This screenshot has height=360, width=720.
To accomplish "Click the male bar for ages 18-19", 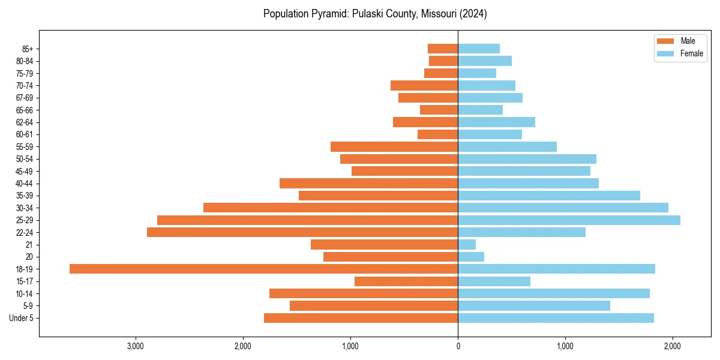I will click(263, 269).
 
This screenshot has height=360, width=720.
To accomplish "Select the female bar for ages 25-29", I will click(569, 220).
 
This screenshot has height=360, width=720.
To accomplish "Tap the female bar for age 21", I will click(467, 244).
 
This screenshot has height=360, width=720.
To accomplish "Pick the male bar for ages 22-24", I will click(302, 232).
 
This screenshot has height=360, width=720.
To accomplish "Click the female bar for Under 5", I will click(556, 318).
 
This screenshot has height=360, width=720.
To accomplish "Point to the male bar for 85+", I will click(443, 49).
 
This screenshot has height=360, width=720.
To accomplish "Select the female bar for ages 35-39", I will click(549, 196).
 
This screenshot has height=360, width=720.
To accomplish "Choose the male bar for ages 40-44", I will click(368, 183).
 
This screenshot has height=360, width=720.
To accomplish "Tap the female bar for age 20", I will click(471, 257).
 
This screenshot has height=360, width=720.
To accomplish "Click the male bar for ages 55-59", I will click(394, 146).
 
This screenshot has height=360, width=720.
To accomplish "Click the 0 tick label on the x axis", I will click(458, 346).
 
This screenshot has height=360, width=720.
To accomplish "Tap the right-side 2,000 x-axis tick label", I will click(673, 346).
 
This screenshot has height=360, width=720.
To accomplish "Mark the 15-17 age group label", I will click(25, 281).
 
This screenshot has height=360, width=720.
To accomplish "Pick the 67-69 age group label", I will click(25, 98).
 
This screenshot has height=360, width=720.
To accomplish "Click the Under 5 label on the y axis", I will click(21, 318).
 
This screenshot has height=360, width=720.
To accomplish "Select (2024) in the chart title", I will click(473, 14).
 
